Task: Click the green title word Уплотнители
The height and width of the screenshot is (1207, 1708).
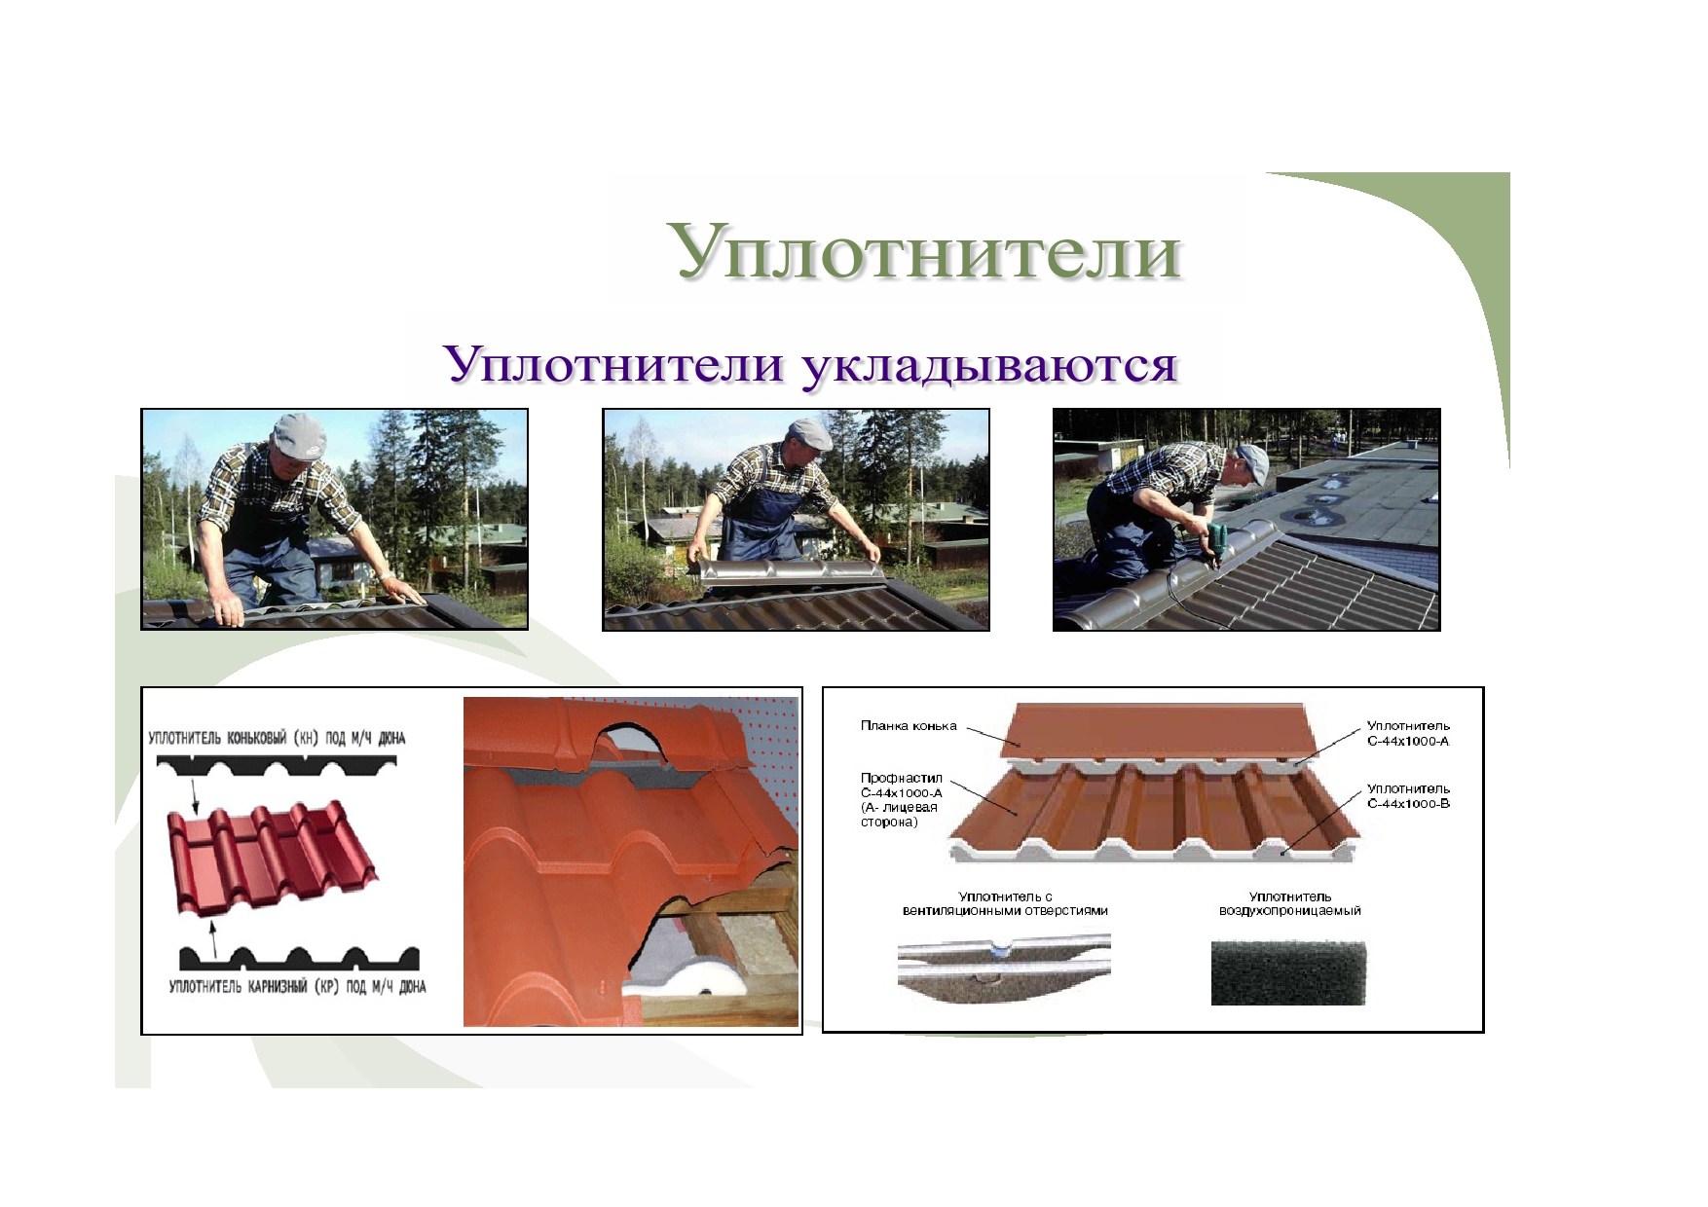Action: [926, 252]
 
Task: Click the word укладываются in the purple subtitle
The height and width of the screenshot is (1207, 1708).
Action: [989, 365]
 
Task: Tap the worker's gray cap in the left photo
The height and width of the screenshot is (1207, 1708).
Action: [300, 436]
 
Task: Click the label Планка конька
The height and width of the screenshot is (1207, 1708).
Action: [909, 726]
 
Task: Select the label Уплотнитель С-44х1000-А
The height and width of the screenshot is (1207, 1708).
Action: [1408, 733]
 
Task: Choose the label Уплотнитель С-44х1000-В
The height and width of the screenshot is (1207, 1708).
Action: [1408, 796]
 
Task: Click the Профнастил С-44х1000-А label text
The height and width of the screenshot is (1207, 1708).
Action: [901, 800]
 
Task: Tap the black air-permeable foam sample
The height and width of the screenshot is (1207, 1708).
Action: [1288, 972]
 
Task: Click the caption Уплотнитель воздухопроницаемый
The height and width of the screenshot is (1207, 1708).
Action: [1290, 904]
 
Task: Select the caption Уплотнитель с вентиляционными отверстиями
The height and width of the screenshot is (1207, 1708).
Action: [1005, 904]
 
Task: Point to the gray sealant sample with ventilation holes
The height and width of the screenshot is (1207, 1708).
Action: [1004, 969]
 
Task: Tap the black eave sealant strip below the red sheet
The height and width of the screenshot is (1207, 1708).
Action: [299, 958]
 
